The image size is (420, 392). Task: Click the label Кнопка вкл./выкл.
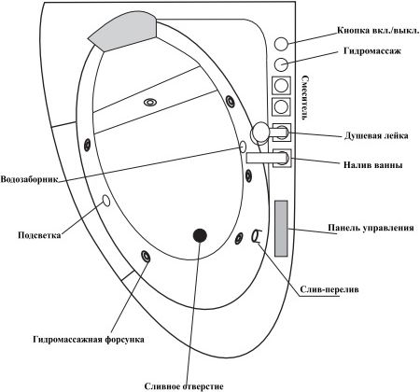378,31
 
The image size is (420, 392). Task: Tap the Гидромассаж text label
372,51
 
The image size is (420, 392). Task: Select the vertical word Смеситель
305,99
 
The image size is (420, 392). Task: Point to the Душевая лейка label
376,136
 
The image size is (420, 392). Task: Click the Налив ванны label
373,164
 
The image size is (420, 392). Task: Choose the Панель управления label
371,228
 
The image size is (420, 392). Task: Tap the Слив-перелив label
329,289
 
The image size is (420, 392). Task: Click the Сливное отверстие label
184,386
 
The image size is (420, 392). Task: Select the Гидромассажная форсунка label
89,339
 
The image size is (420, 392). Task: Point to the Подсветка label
39,235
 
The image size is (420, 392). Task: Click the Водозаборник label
29,179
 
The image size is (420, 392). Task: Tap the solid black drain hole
200,235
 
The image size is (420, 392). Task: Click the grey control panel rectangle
281,229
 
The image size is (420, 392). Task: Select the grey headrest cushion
121,31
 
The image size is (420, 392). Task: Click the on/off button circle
281,44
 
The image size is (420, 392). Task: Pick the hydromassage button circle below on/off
281,64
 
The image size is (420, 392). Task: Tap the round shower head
259,132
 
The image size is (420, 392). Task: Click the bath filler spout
266,158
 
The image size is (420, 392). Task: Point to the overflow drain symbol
257,236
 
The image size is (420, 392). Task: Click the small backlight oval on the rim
106,201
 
